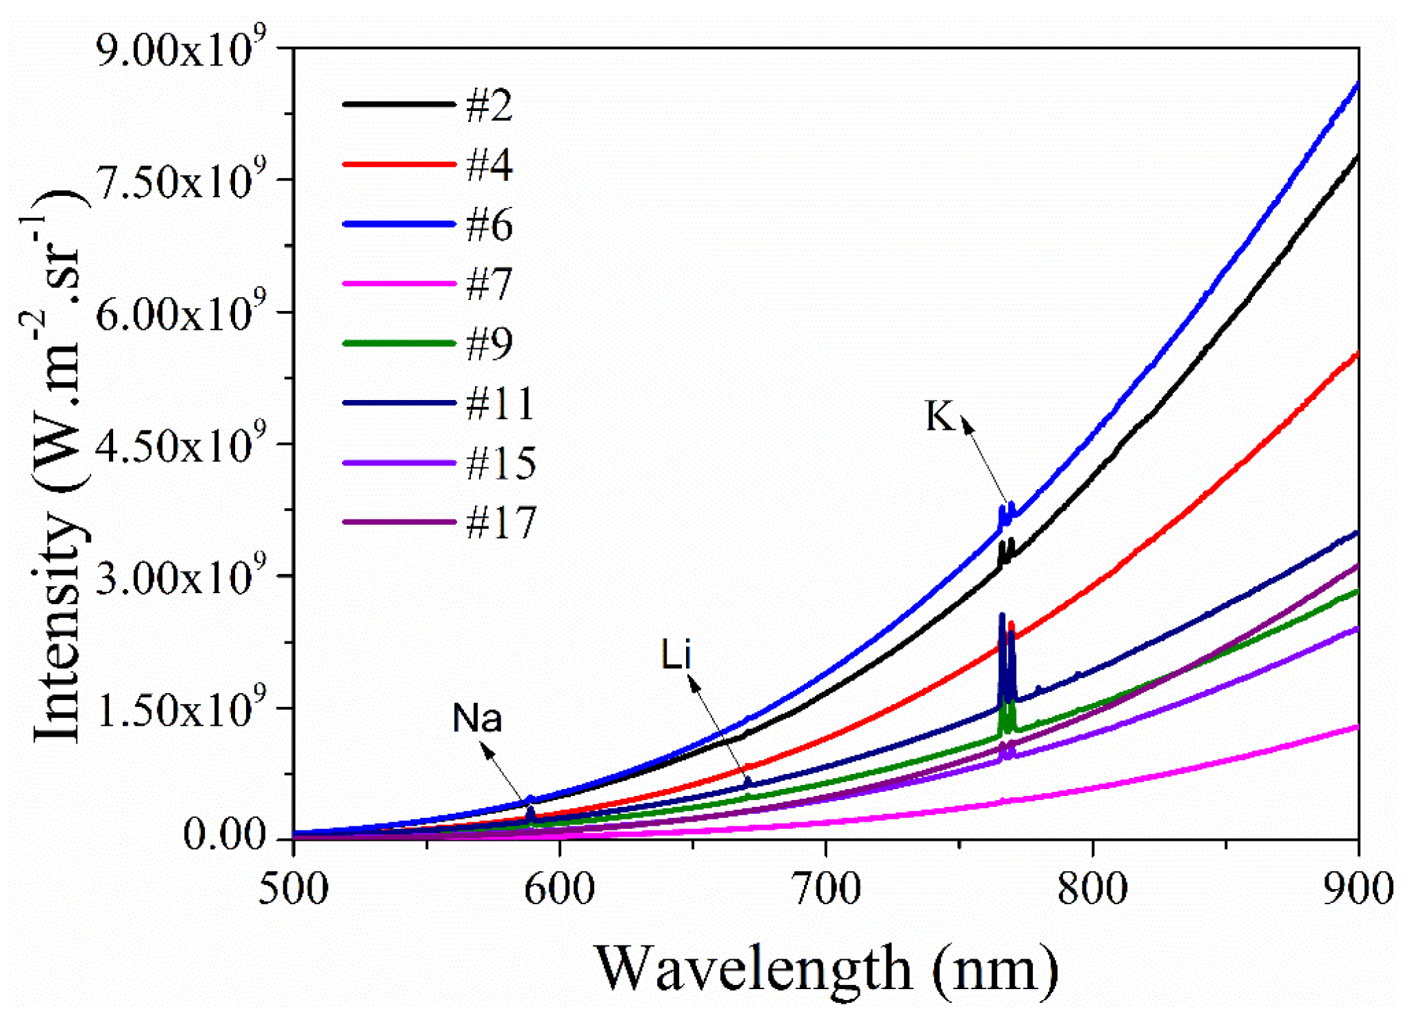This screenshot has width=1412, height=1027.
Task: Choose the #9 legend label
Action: pos(489,344)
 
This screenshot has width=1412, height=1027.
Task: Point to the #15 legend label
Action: pos(500,463)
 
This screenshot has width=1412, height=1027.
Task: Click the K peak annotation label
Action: pos(940,417)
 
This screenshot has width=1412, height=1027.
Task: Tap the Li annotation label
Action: pos(675,654)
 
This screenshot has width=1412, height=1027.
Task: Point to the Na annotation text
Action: pos(477,719)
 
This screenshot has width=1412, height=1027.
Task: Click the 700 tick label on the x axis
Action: pos(826,889)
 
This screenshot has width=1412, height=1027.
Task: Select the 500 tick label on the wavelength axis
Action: pos(294,889)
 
